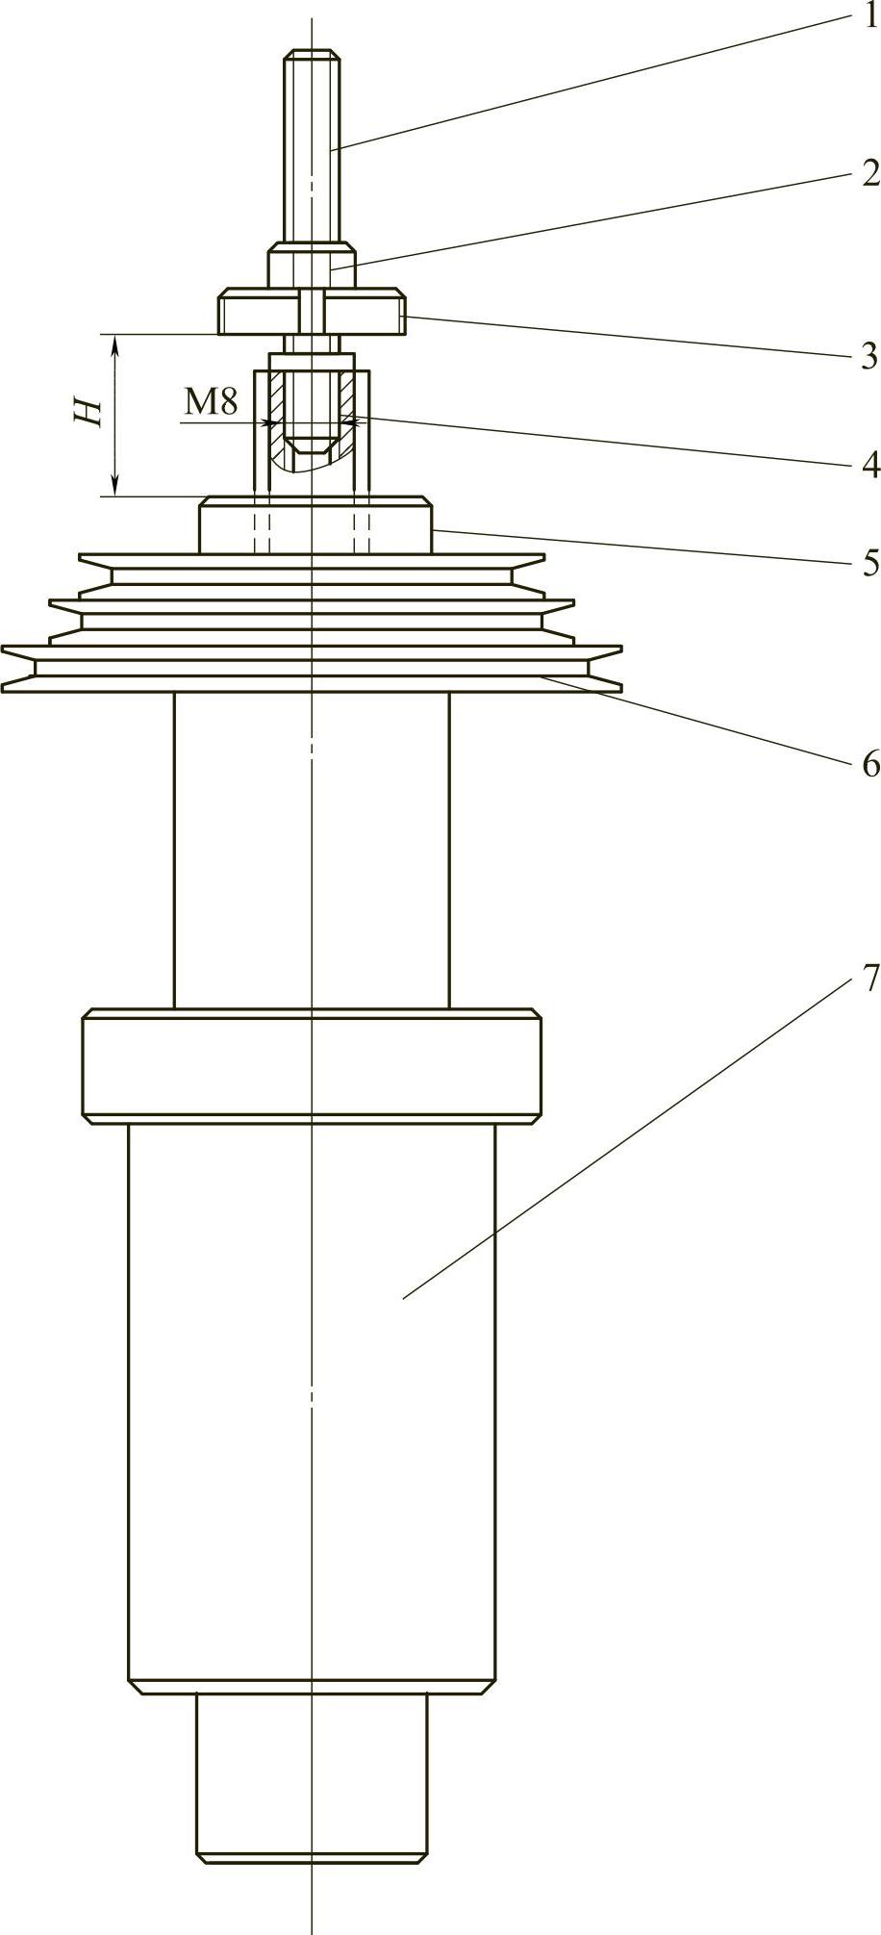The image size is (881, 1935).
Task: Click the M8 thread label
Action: (211, 402)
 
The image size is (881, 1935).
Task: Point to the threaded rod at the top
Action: (312, 144)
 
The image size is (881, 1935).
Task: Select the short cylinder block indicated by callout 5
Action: (315, 525)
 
